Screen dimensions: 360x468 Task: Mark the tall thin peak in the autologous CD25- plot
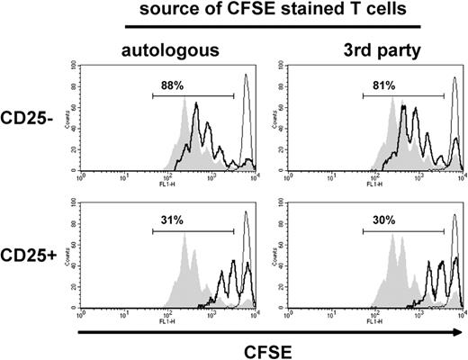pos(246,90)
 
